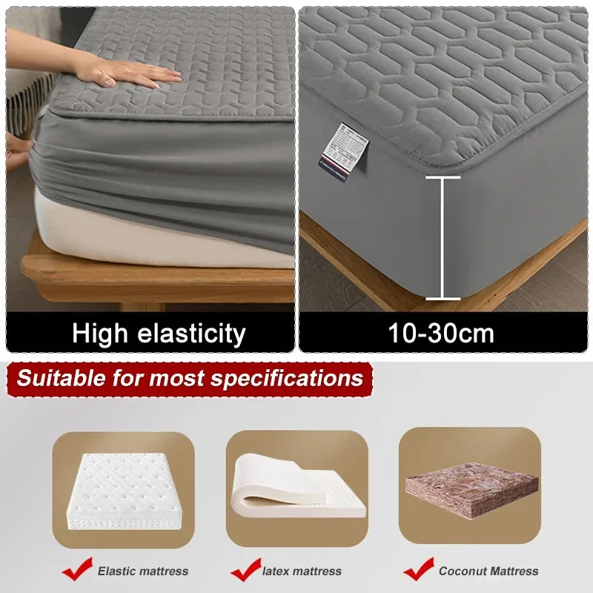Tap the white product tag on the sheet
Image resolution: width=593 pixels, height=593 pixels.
(x=342, y=149)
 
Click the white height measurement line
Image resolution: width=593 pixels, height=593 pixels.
(x=443, y=238)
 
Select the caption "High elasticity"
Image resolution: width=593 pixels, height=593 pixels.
(x=159, y=333)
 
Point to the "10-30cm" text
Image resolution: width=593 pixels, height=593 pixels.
(x=441, y=333)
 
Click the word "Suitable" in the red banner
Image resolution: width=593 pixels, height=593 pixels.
(x=62, y=378)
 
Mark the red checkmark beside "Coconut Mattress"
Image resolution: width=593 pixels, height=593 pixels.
(x=418, y=569)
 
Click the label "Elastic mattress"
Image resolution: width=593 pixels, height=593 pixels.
(x=143, y=571)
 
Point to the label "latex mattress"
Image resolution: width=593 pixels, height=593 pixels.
(x=302, y=571)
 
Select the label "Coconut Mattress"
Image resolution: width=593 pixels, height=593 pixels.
(x=488, y=571)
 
